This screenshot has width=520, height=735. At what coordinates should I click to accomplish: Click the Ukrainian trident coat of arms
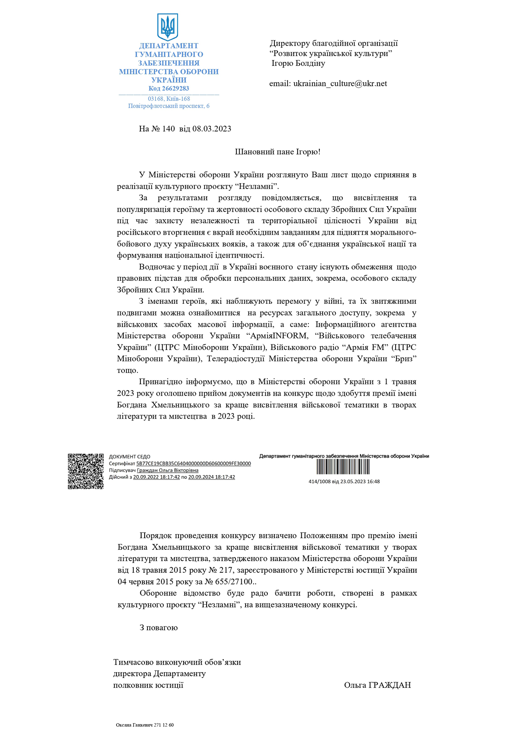tap(168, 26)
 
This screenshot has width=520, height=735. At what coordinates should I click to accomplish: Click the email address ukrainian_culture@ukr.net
tap(340, 83)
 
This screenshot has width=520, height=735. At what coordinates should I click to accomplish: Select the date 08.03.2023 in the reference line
tap(212, 129)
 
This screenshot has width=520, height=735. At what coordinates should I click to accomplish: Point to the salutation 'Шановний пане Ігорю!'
tap(277, 152)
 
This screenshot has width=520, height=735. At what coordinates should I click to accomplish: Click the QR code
tap(86, 471)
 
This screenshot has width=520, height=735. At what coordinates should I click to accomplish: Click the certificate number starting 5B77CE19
tap(193, 463)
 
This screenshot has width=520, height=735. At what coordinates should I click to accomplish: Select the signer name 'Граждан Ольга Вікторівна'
tap(168, 470)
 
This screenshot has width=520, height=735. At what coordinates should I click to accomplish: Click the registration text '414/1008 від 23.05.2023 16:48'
tap(344, 481)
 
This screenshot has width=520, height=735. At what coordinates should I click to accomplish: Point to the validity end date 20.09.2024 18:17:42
tap(212, 477)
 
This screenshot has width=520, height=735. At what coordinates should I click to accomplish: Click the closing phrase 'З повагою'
tap(158, 628)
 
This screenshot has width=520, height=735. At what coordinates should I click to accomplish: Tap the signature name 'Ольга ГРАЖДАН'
tap(377, 685)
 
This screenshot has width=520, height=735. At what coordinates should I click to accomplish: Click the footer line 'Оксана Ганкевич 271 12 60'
tap(145, 725)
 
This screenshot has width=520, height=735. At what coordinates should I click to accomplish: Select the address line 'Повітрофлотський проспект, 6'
tap(168, 106)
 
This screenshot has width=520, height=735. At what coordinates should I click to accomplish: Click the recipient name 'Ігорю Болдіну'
tap(298, 63)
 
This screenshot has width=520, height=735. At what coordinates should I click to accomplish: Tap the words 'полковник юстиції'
tap(148, 685)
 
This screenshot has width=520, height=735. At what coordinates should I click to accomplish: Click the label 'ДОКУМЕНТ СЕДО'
tap(129, 457)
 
